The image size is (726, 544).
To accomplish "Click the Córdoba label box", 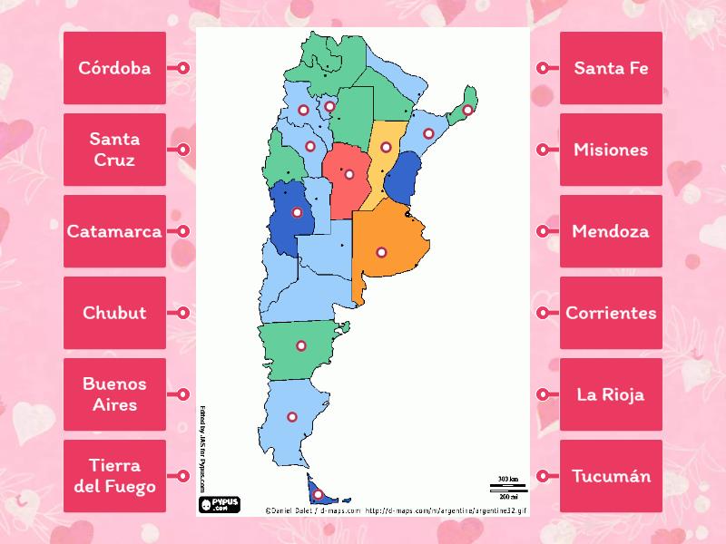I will pos(114,68).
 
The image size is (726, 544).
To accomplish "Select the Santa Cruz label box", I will pos(114,150).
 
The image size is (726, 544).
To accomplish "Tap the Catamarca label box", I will pos(114,231).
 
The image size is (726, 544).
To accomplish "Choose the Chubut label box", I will pos(114,313).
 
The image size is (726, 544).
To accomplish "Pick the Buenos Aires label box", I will pos(114,394).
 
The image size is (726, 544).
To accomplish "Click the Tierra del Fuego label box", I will pos(114,476).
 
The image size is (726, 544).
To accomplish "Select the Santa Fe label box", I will pos(611,68).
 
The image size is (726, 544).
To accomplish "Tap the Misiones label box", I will pos(611,150).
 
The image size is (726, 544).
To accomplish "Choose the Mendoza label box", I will pos(611,231).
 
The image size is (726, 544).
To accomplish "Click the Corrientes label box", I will pos(611,313).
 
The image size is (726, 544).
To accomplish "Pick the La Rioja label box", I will pos(611,394).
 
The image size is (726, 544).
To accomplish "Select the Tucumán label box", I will pos(611,476).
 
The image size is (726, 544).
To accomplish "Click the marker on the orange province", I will pos(382,252).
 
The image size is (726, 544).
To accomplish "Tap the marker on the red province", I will pos(349,173).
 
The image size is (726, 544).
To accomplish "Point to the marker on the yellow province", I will pos(386,147).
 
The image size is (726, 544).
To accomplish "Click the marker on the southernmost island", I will pos(318,494).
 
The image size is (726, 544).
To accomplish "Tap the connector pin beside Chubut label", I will pos(183,313).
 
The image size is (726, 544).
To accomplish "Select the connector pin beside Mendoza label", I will pos(543,231).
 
